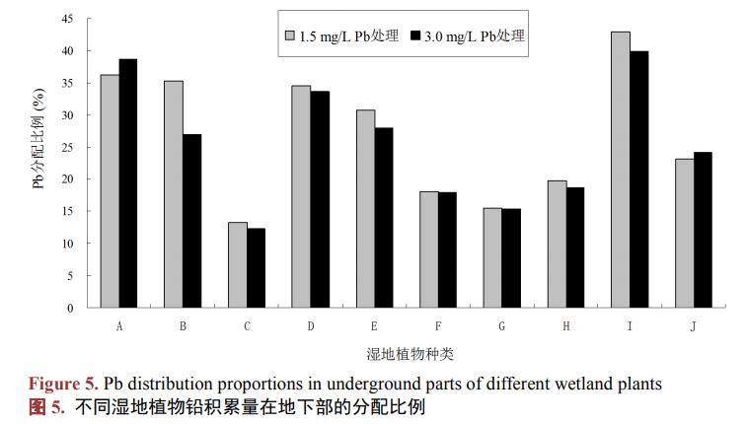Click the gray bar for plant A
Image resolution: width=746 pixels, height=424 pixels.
pyautogui.click(x=110, y=191)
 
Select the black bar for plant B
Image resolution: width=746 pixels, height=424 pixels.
pyautogui.click(x=191, y=221)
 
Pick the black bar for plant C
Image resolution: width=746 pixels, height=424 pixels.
pyautogui.click(x=256, y=268)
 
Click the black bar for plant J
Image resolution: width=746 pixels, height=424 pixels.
pyautogui.click(x=703, y=230)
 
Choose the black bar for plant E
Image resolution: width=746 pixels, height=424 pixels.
pyautogui.click(x=383, y=218)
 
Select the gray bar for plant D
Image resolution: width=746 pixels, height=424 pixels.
pyautogui.click(x=301, y=197)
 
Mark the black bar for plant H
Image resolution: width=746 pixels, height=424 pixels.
pyautogui.click(x=574, y=247)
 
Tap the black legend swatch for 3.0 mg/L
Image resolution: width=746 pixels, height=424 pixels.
pyautogui.click(x=414, y=36)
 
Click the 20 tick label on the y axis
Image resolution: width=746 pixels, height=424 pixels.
pyautogui.click(x=68, y=179)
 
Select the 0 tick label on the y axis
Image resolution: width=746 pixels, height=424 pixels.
pyautogui.click(x=71, y=308)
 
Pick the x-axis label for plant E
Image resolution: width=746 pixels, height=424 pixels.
pyautogui.click(x=374, y=325)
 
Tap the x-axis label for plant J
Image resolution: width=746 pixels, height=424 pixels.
pyautogui.click(x=693, y=325)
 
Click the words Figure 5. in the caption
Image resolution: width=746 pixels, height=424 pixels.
pyautogui.click(x=61, y=383)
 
